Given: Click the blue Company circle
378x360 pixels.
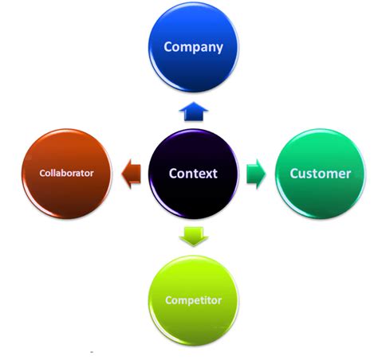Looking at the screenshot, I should pyautogui.click(x=193, y=48).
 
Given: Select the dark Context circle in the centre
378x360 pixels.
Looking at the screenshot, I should pyautogui.click(x=193, y=173).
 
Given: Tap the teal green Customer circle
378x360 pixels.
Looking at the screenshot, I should pyautogui.click(x=320, y=173).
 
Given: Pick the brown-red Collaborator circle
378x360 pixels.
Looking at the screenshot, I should pyautogui.click(x=67, y=173).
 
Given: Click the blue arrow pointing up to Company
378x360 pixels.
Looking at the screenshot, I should pyautogui.click(x=193, y=111).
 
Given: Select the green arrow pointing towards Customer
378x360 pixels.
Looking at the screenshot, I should pyautogui.click(x=256, y=173).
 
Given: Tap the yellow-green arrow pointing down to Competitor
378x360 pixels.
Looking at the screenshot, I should pyautogui.click(x=193, y=236).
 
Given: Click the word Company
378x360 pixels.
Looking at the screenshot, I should pyautogui.click(x=193, y=47).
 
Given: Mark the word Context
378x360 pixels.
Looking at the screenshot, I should pyautogui.click(x=193, y=173).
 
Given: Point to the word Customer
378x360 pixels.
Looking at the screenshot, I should pyautogui.click(x=320, y=173).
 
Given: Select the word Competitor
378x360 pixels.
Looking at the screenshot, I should pyautogui.click(x=193, y=300).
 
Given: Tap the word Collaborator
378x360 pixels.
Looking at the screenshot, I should pyautogui.click(x=67, y=173).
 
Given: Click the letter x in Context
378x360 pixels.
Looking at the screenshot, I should pyautogui.click(x=207, y=174).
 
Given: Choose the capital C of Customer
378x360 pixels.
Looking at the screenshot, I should pyautogui.click(x=294, y=173).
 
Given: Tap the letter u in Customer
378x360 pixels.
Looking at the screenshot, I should pyautogui.click(x=304, y=174).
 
